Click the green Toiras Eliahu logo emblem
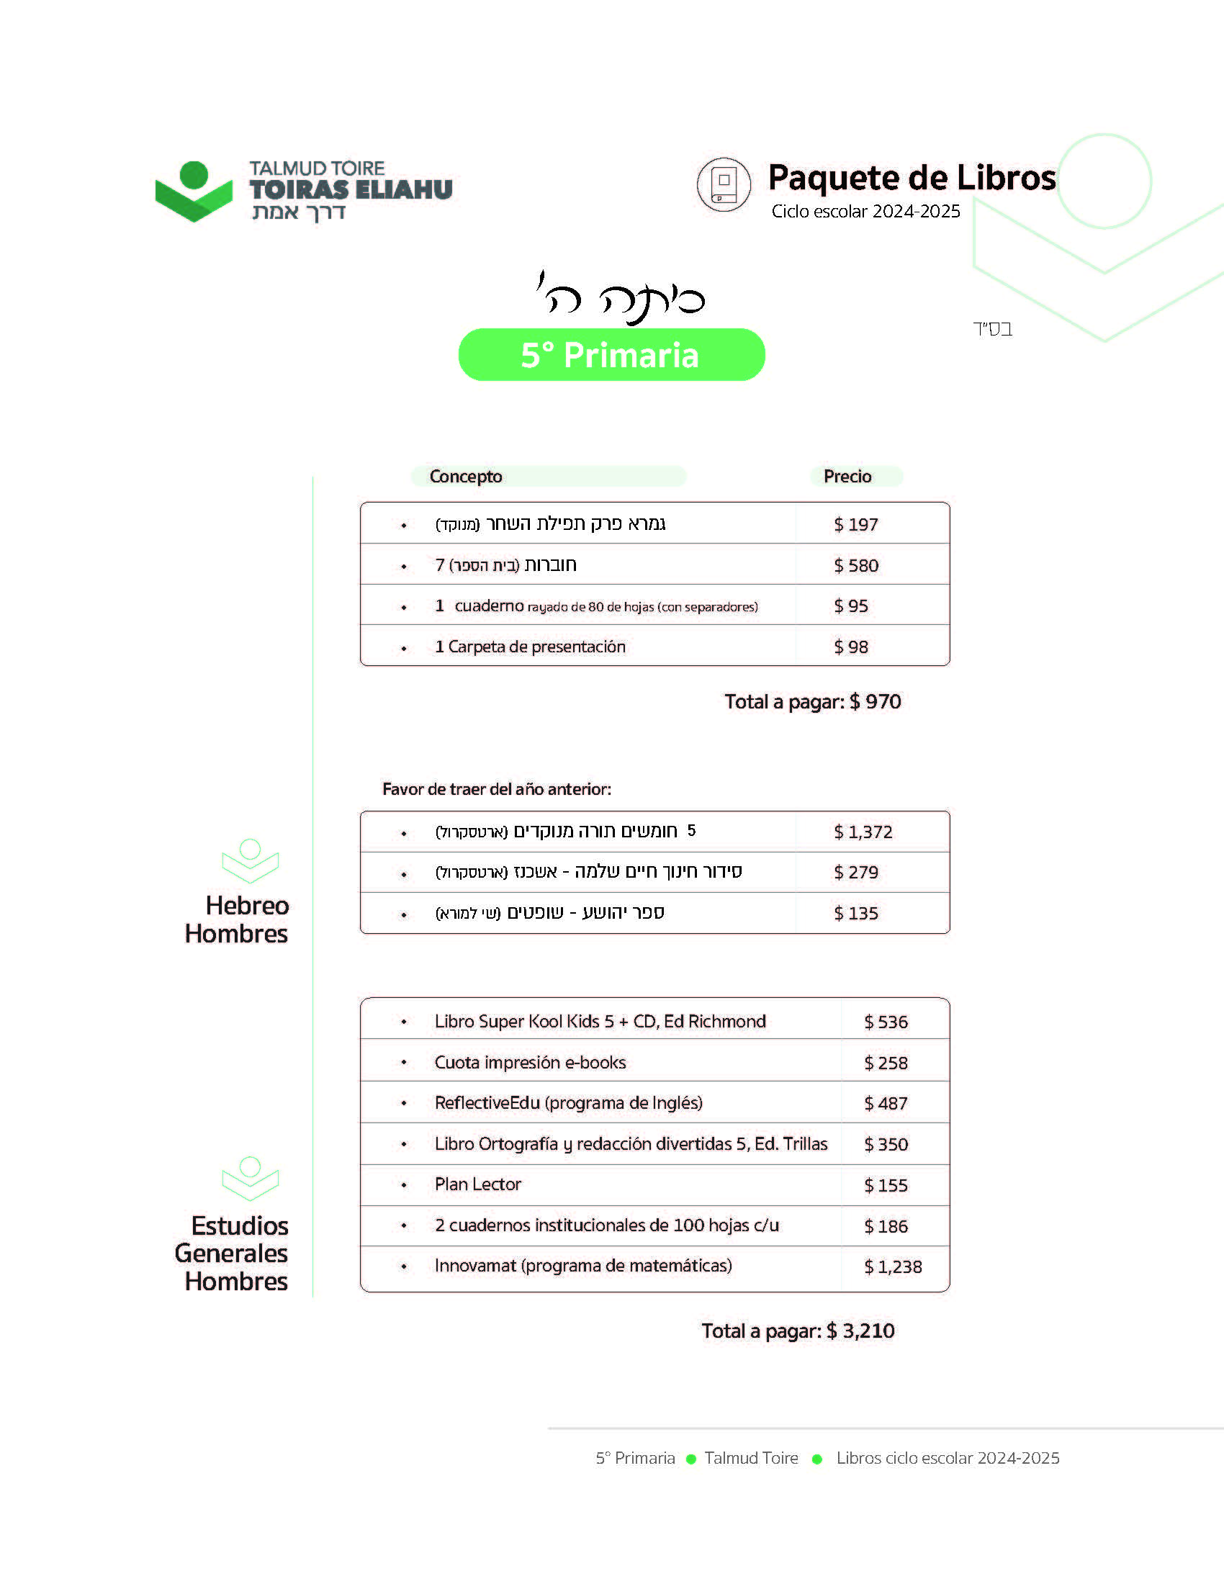click(194, 191)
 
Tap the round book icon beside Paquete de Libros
click(723, 185)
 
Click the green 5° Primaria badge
click(611, 355)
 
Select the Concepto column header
click(466, 477)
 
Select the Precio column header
click(847, 477)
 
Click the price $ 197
click(855, 524)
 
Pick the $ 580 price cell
click(855, 566)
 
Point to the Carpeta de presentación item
click(530, 647)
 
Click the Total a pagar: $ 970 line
click(812, 701)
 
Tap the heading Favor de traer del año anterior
click(497, 789)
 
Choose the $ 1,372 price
click(863, 832)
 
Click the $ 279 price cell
click(855, 873)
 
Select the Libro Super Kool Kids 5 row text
click(600, 1022)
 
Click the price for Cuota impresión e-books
click(886, 1063)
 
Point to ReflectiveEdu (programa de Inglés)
click(569, 1103)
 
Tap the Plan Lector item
click(478, 1184)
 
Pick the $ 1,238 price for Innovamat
click(893, 1267)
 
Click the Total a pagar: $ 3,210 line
click(798, 1331)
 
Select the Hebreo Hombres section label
click(237, 919)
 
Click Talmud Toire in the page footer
click(751, 1458)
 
